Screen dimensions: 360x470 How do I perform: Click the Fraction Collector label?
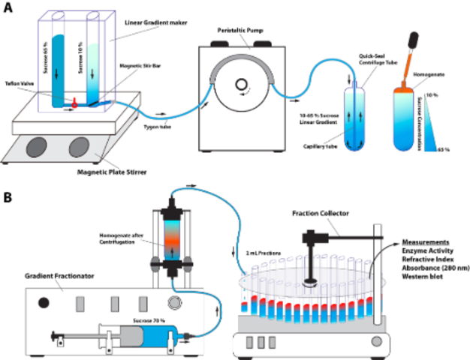point(321,211)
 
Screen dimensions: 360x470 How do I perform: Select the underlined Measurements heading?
point(425,242)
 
